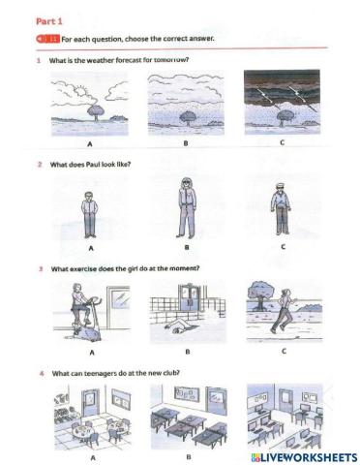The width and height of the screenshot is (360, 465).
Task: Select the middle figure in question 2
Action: [x=185, y=207]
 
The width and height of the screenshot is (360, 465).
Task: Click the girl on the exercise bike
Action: [x=91, y=313]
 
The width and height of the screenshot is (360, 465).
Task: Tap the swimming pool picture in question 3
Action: [x=186, y=315]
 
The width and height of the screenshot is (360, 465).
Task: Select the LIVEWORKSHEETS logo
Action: [x=302, y=454]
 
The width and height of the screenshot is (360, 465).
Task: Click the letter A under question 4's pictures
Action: [x=92, y=453]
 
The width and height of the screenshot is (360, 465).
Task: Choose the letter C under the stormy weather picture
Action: [x=282, y=143]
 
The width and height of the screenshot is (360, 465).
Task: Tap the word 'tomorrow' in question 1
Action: [x=167, y=60]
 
